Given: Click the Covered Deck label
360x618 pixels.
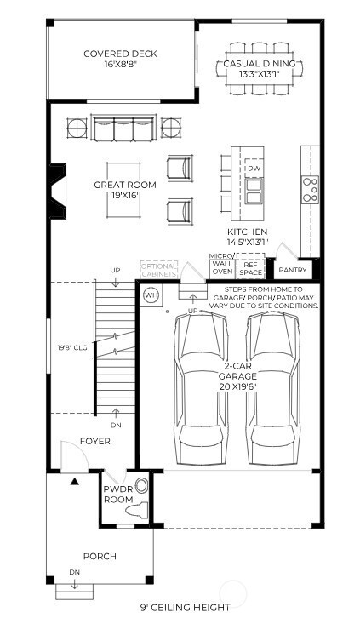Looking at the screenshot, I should (x=120, y=59).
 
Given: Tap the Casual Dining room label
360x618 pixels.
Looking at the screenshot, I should (x=260, y=69).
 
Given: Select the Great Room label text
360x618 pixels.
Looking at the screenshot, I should (x=117, y=189).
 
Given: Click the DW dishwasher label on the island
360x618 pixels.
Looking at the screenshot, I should (x=254, y=169).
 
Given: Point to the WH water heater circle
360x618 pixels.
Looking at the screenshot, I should (x=151, y=295).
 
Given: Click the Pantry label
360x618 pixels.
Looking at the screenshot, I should (x=293, y=270).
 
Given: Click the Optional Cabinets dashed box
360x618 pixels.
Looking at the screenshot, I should (x=159, y=270).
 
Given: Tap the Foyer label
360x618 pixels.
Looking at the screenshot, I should (x=95, y=441).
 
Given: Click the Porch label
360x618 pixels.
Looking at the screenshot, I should (x=100, y=557).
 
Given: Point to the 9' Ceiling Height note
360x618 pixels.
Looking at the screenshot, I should (x=185, y=607).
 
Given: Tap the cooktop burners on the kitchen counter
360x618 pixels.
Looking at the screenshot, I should (x=311, y=188).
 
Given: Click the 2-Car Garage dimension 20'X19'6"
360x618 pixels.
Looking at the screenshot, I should (x=236, y=385).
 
